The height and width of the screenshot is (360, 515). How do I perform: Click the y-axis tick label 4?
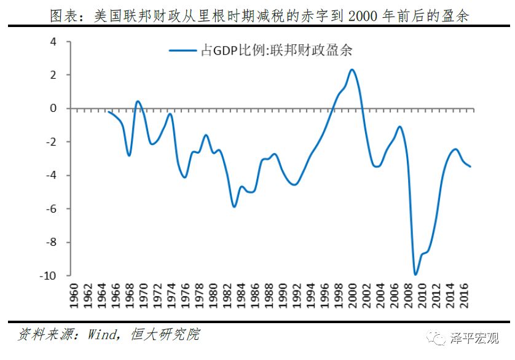pos(53,42)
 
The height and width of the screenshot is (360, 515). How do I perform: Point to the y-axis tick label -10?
pos(48,275)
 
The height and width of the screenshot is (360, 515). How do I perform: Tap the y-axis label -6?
pos(51,209)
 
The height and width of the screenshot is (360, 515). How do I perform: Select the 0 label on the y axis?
pos(53,108)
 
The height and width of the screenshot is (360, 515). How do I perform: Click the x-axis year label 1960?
pos(74,296)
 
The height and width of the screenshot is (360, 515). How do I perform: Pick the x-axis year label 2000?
pos(352,296)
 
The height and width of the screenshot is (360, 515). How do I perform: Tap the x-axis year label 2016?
pos(463,296)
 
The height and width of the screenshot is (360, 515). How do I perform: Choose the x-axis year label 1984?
pos(241,296)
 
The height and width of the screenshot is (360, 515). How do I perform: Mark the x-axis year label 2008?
pos(407,296)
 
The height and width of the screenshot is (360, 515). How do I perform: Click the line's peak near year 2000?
pos(352,69)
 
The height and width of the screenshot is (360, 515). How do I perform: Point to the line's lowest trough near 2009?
pos(415,274)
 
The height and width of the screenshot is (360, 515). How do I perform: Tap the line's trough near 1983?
pos(234,206)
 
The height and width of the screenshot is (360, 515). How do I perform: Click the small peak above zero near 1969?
pos(138,101)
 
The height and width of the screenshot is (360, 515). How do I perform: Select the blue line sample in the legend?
pos(183,50)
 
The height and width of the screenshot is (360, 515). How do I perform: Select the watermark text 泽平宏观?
pos(474,338)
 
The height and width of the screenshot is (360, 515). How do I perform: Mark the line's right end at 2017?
pos(470,166)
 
